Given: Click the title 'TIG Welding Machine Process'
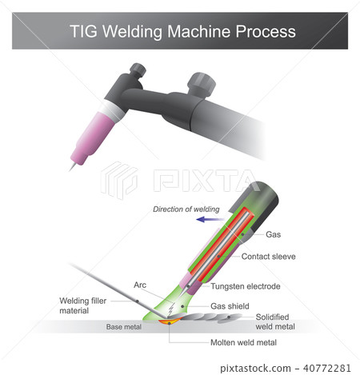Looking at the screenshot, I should tap(183, 31).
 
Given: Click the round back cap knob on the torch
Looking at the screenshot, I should tap(200, 84).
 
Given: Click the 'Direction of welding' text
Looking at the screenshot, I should tap(186, 209).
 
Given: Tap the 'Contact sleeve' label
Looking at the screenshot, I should tap(267, 257).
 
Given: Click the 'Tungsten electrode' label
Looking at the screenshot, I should tap(246, 286).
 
